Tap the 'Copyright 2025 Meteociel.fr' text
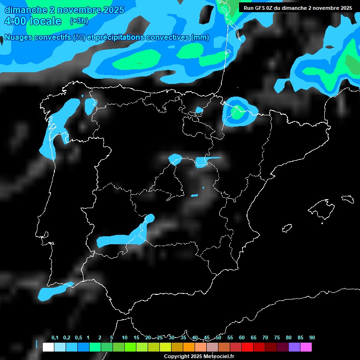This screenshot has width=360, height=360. point(199,356)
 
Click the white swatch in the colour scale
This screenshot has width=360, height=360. point(48,347)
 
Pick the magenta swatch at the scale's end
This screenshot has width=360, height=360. point(306,347)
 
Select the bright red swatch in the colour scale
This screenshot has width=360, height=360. point(247,347)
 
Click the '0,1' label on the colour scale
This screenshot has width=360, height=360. point(55,337)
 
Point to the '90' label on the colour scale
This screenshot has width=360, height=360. point(312,337)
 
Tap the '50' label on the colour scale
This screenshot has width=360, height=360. point(218,337)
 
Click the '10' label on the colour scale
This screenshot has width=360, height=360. point(125,337)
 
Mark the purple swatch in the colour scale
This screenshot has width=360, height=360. point(294,347)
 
